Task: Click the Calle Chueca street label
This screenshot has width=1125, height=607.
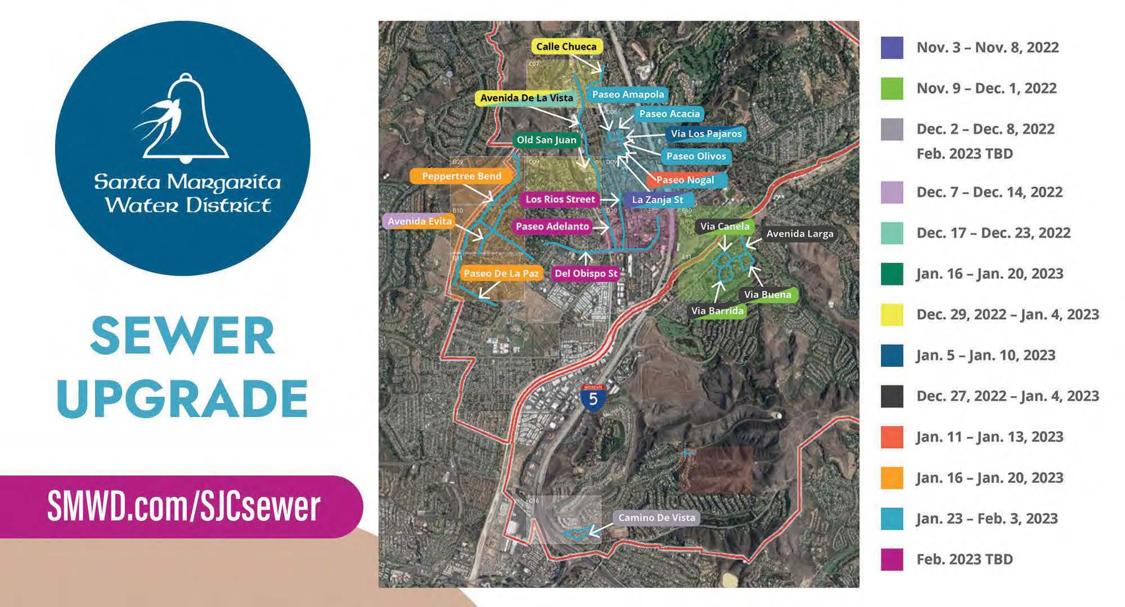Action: [566, 47]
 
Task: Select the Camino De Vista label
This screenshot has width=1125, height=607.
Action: [656, 518]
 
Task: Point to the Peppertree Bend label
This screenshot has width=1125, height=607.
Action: [461, 176]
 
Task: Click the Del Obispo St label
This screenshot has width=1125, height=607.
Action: [586, 274]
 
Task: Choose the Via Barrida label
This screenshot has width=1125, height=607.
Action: [717, 311]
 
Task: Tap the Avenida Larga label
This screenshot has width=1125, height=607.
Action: [799, 234]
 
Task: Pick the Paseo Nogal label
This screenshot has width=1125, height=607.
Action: [685, 180]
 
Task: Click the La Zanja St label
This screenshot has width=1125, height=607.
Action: [657, 200]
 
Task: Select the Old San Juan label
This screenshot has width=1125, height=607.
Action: [546, 140]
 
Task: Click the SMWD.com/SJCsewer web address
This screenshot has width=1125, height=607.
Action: [183, 506]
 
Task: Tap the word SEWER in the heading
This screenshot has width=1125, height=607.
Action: [182, 337]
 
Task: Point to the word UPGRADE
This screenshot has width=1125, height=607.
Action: [182, 397]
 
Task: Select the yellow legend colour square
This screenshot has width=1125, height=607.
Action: [892, 315]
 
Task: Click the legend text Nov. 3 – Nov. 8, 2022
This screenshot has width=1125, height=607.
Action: [987, 47]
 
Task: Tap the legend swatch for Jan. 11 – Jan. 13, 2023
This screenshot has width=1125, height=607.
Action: [892, 437]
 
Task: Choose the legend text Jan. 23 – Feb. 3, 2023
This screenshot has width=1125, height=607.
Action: [987, 518]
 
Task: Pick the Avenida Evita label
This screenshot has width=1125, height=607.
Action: [419, 221]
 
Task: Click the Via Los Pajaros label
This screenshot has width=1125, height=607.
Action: [706, 134]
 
